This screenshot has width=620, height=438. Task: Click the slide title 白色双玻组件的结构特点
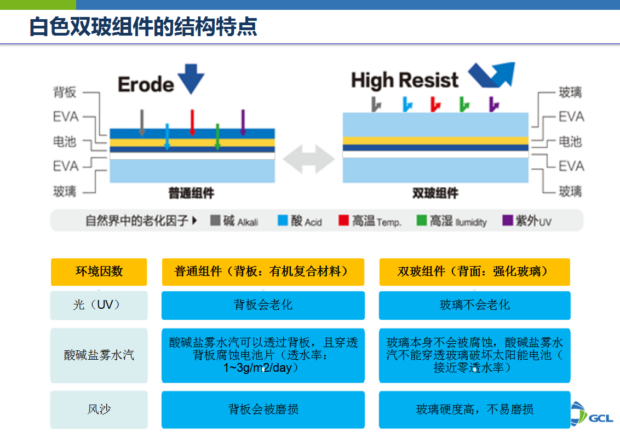point(143,26)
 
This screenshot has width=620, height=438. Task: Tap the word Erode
point(146,84)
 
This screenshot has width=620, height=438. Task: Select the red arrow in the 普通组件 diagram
point(192,122)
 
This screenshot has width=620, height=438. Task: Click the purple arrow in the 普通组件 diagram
point(243,122)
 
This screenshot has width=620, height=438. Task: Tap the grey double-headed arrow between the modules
point(309,159)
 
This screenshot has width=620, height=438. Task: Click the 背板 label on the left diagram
point(65,92)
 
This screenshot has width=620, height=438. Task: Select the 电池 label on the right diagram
point(570,141)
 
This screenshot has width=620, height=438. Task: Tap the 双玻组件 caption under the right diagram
point(435,193)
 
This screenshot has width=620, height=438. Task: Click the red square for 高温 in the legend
point(343,221)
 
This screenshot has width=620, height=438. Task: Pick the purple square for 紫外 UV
point(507,221)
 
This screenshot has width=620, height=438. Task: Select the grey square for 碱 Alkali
point(215,221)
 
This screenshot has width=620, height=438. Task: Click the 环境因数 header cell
point(99,272)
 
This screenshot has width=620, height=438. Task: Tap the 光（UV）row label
point(99,305)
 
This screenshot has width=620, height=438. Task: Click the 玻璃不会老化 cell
point(474,305)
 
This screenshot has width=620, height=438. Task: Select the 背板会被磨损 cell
point(263,409)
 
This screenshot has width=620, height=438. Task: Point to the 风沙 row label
point(99,409)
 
